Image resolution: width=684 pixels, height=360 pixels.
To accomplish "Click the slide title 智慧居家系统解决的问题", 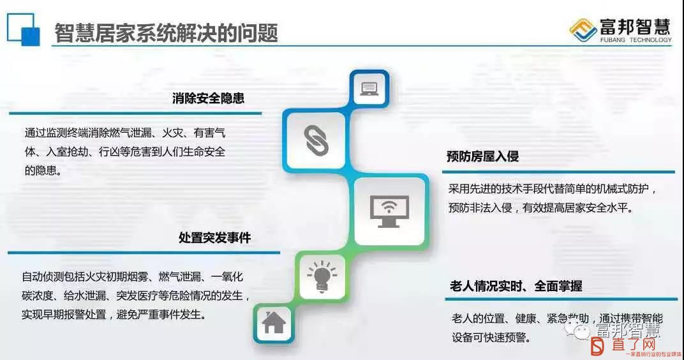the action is coord(166,33).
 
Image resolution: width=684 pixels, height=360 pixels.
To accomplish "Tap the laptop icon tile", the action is coord(369,89).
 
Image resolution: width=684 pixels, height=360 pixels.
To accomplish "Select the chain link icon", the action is coord(316,140).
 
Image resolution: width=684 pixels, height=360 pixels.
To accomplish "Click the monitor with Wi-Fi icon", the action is coord(389,211).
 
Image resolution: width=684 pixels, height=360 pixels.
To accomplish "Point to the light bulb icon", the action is coord(322,276).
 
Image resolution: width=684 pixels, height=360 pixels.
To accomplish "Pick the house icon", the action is coord(274,322).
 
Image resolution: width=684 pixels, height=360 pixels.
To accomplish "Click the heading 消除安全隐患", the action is coord(208,98).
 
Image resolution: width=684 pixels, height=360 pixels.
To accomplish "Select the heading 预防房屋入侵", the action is coord(482,156).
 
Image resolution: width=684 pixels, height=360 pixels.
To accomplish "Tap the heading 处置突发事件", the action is coord(214,238).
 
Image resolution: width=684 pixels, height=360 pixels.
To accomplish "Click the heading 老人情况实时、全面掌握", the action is coord(516,286).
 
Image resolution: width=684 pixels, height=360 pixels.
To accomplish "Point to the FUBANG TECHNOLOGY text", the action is coord(636,40).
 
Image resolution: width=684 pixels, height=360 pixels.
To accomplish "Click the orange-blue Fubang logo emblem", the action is coord(583,30).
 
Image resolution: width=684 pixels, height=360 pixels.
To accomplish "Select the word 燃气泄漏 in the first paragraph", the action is coord(130,133).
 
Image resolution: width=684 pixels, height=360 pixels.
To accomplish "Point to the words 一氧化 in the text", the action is coord(227,276).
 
